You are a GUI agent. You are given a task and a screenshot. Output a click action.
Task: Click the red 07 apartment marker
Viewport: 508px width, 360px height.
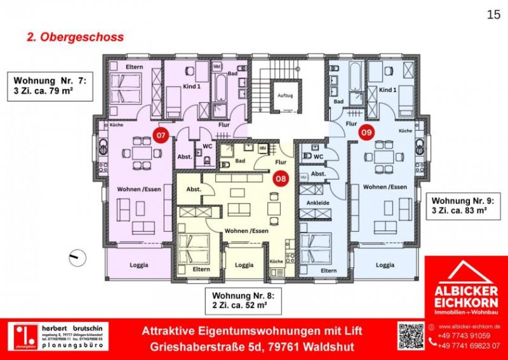click(x=161, y=135)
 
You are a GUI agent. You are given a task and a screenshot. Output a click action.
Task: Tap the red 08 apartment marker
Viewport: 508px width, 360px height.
click(x=280, y=179)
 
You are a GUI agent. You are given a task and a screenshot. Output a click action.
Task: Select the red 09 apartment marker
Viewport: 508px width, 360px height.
click(x=366, y=133)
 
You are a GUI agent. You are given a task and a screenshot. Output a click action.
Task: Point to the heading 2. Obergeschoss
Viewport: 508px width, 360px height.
click(x=75, y=37)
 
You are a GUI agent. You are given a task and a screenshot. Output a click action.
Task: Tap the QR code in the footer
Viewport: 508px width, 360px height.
click(x=410, y=336)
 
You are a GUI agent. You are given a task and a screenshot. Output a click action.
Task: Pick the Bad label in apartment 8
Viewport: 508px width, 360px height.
click(x=239, y=161)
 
